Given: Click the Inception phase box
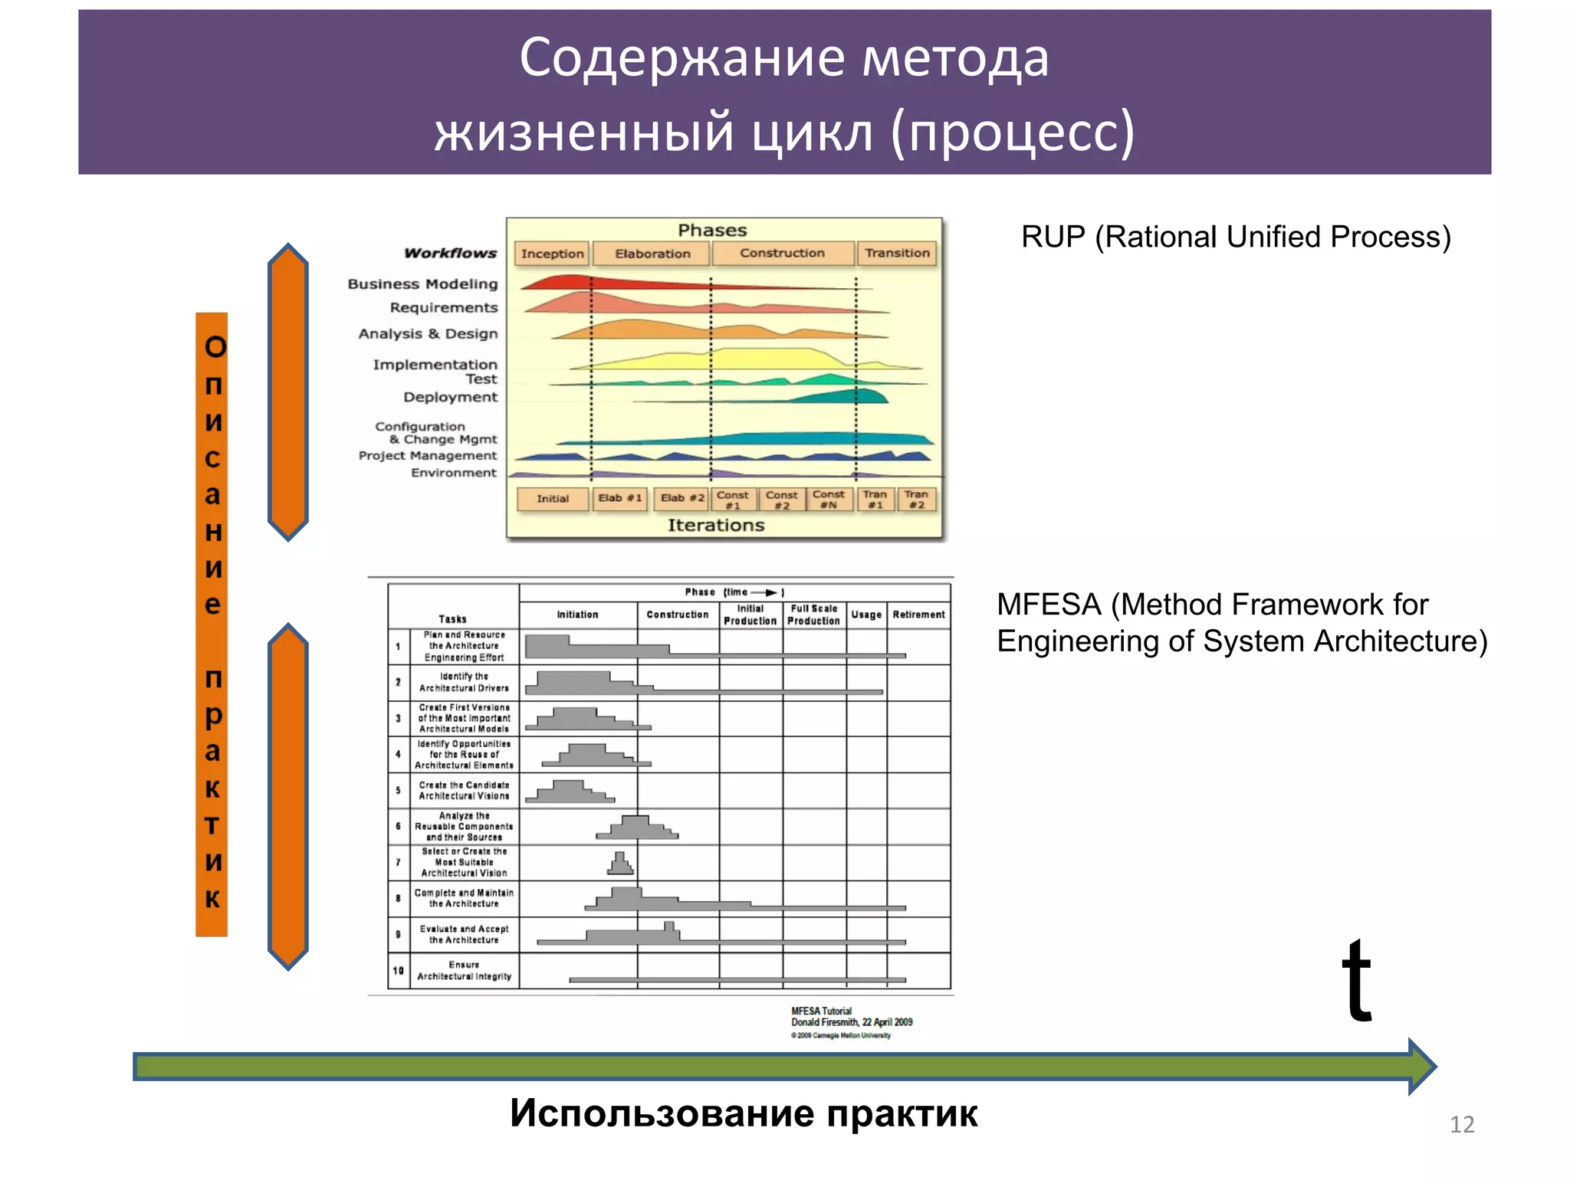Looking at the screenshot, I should tap(552, 254).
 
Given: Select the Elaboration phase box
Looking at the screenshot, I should tap(652, 254).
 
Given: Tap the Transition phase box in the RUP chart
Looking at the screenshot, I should tap(897, 253).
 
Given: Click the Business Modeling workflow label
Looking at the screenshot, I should tap(422, 284).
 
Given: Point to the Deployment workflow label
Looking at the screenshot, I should tap(450, 397).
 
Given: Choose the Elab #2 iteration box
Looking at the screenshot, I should tap(682, 498).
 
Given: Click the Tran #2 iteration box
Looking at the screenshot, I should tap(916, 500).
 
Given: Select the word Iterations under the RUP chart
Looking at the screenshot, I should tap(716, 526).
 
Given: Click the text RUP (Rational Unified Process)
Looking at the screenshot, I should tap(1236, 238).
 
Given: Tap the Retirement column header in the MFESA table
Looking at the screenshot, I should tap(918, 615).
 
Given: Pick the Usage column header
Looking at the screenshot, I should tap(866, 615).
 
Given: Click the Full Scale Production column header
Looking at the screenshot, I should tap(814, 615).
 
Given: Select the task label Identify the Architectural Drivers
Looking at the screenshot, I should tap(464, 682).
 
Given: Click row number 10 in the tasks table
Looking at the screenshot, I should tap(398, 971).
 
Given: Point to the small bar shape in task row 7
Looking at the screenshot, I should tap(621, 864).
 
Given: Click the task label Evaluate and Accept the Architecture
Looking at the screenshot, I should tap(464, 934).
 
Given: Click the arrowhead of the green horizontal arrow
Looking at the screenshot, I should tap(1422, 1066).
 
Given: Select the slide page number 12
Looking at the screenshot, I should tap(1461, 1125).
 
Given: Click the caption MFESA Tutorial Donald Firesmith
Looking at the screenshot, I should tap(851, 1018).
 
